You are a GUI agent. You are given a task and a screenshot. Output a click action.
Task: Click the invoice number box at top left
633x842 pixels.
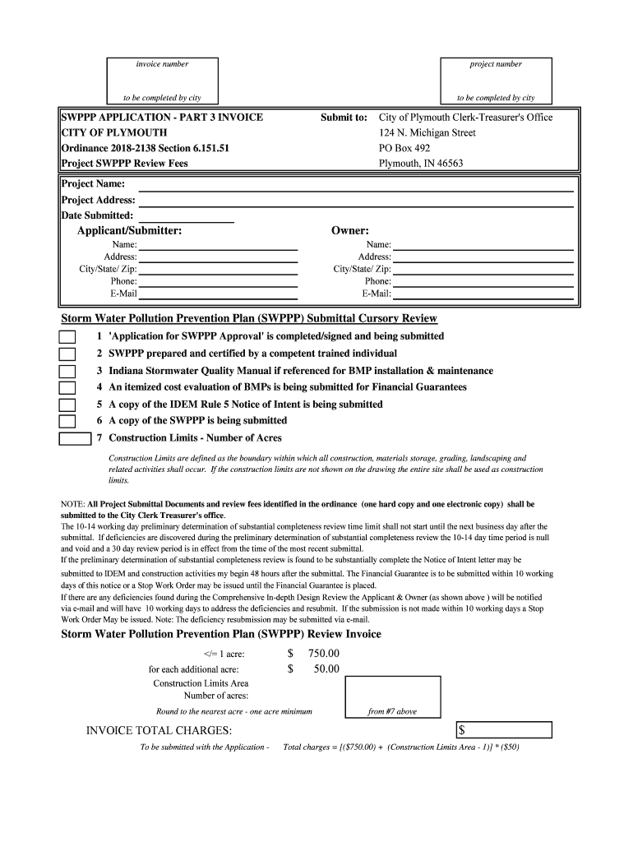[162, 81]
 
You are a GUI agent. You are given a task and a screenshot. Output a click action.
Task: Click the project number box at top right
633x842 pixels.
[495, 81]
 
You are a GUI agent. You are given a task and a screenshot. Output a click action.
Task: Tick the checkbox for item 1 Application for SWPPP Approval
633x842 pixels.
[67, 337]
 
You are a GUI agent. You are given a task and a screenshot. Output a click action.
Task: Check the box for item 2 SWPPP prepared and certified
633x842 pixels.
[67, 354]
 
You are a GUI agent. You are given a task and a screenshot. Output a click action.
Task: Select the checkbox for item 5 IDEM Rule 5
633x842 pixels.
[67, 405]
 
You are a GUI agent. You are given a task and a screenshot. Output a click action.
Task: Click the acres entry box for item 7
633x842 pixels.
[75, 438]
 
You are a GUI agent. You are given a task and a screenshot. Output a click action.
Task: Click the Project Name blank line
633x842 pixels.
[356, 185]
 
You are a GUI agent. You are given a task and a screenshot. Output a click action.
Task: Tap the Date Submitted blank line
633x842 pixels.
[187, 217]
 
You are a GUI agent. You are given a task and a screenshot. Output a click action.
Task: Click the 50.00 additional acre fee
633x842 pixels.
[326, 669]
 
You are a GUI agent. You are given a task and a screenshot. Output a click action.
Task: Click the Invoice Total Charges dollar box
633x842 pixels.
[504, 730]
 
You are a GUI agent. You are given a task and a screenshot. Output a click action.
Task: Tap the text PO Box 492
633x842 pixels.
[404, 148]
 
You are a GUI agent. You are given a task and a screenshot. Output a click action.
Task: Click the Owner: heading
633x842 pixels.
[350, 231]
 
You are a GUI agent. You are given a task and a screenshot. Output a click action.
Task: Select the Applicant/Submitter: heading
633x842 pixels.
[129, 231]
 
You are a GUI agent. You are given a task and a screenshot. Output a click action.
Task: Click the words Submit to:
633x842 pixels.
[344, 118]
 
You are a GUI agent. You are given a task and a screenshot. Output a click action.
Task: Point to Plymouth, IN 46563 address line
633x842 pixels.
[421, 164]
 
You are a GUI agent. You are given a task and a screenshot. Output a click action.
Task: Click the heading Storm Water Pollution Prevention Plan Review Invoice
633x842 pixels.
[221, 635]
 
